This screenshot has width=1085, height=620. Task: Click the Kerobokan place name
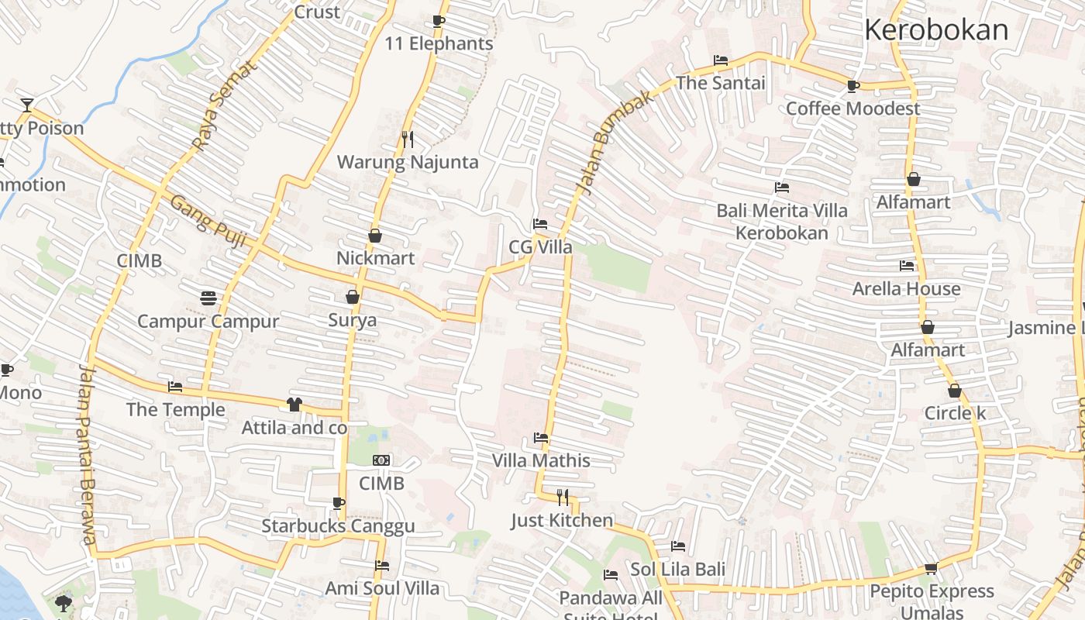936,30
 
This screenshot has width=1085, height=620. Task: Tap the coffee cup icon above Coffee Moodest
853,86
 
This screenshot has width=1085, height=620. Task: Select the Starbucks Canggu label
338,526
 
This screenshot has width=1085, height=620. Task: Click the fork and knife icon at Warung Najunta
408,139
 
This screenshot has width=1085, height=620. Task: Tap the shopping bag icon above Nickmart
375,236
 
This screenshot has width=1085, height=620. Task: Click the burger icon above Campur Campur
208,298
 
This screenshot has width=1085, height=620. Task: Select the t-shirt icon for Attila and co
294,404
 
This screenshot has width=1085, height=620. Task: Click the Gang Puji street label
208,222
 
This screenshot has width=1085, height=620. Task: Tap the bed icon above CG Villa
540,225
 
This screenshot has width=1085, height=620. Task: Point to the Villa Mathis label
541,460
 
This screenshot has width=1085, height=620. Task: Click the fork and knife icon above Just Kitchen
563,498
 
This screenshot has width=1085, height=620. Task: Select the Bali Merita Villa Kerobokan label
782,222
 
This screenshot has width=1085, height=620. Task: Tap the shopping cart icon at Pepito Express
932,569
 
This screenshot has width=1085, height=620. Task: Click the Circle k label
955,413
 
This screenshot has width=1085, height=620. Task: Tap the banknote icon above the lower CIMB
381,460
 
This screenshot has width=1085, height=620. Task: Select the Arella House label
906,289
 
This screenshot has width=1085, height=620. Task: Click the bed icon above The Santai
721,60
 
